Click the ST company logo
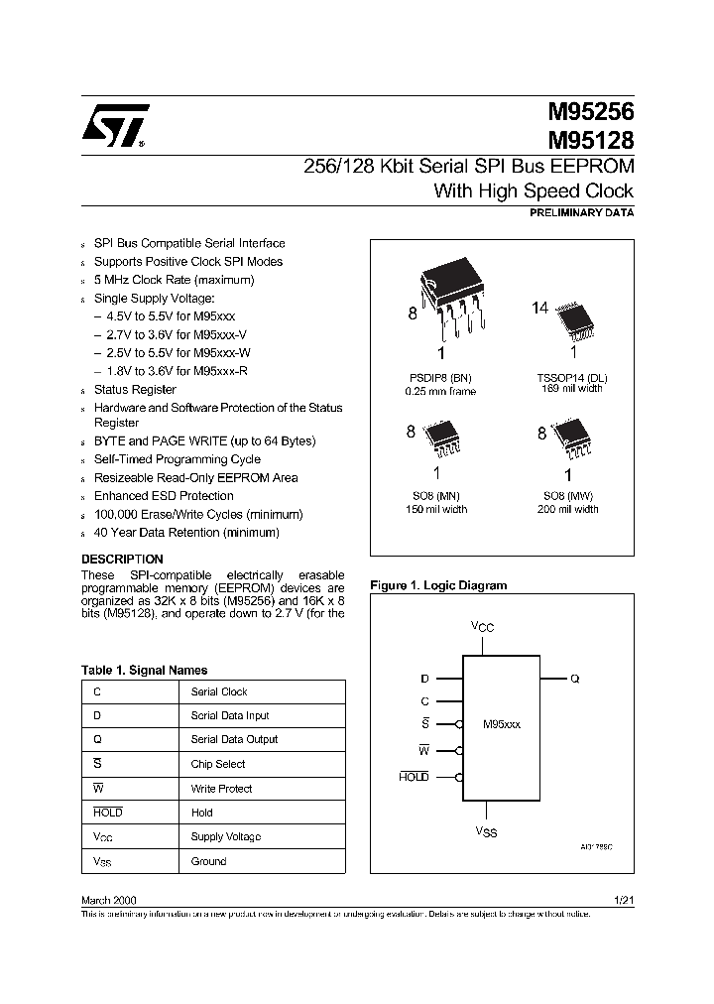pyautogui.click(x=115, y=125)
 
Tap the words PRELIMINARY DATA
pyautogui.click(x=582, y=213)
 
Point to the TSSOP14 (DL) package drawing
pyautogui.click(x=572, y=316)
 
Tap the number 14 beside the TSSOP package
pyautogui.click(x=539, y=309)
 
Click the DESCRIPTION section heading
pyautogui.click(x=122, y=560)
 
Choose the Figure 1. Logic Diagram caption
pyautogui.click(x=438, y=585)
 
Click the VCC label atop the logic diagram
pyautogui.click(x=482, y=626)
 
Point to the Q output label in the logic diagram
pyautogui.click(x=574, y=680)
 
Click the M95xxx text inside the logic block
pyautogui.click(x=501, y=725)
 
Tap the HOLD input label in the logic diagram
pyautogui.click(x=414, y=777)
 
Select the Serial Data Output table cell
pyautogui.click(x=234, y=739)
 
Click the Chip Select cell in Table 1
pyautogui.click(x=217, y=764)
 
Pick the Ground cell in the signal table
pyautogui.click(x=208, y=861)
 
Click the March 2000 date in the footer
pyautogui.click(x=108, y=899)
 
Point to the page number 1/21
pyautogui.click(x=623, y=899)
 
